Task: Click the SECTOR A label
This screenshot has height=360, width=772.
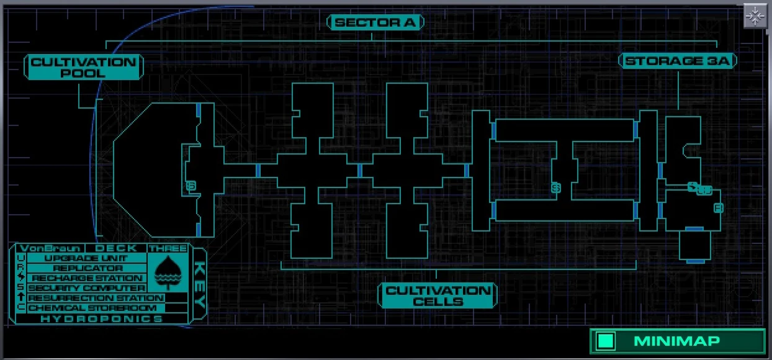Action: (x=375, y=23)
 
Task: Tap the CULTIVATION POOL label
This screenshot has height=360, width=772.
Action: (x=83, y=67)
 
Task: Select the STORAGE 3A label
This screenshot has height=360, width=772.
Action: (x=678, y=61)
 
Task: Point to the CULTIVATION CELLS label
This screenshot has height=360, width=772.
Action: (x=438, y=295)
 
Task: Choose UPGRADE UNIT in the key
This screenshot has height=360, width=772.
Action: (x=86, y=258)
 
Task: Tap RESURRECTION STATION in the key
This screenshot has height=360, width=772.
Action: (x=96, y=298)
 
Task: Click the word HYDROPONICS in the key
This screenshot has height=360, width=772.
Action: (x=101, y=318)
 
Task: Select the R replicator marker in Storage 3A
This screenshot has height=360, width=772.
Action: (x=718, y=208)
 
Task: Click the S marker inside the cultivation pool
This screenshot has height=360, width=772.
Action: (x=191, y=186)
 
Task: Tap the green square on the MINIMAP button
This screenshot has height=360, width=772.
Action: (x=606, y=341)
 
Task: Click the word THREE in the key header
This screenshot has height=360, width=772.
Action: (x=167, y=248)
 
